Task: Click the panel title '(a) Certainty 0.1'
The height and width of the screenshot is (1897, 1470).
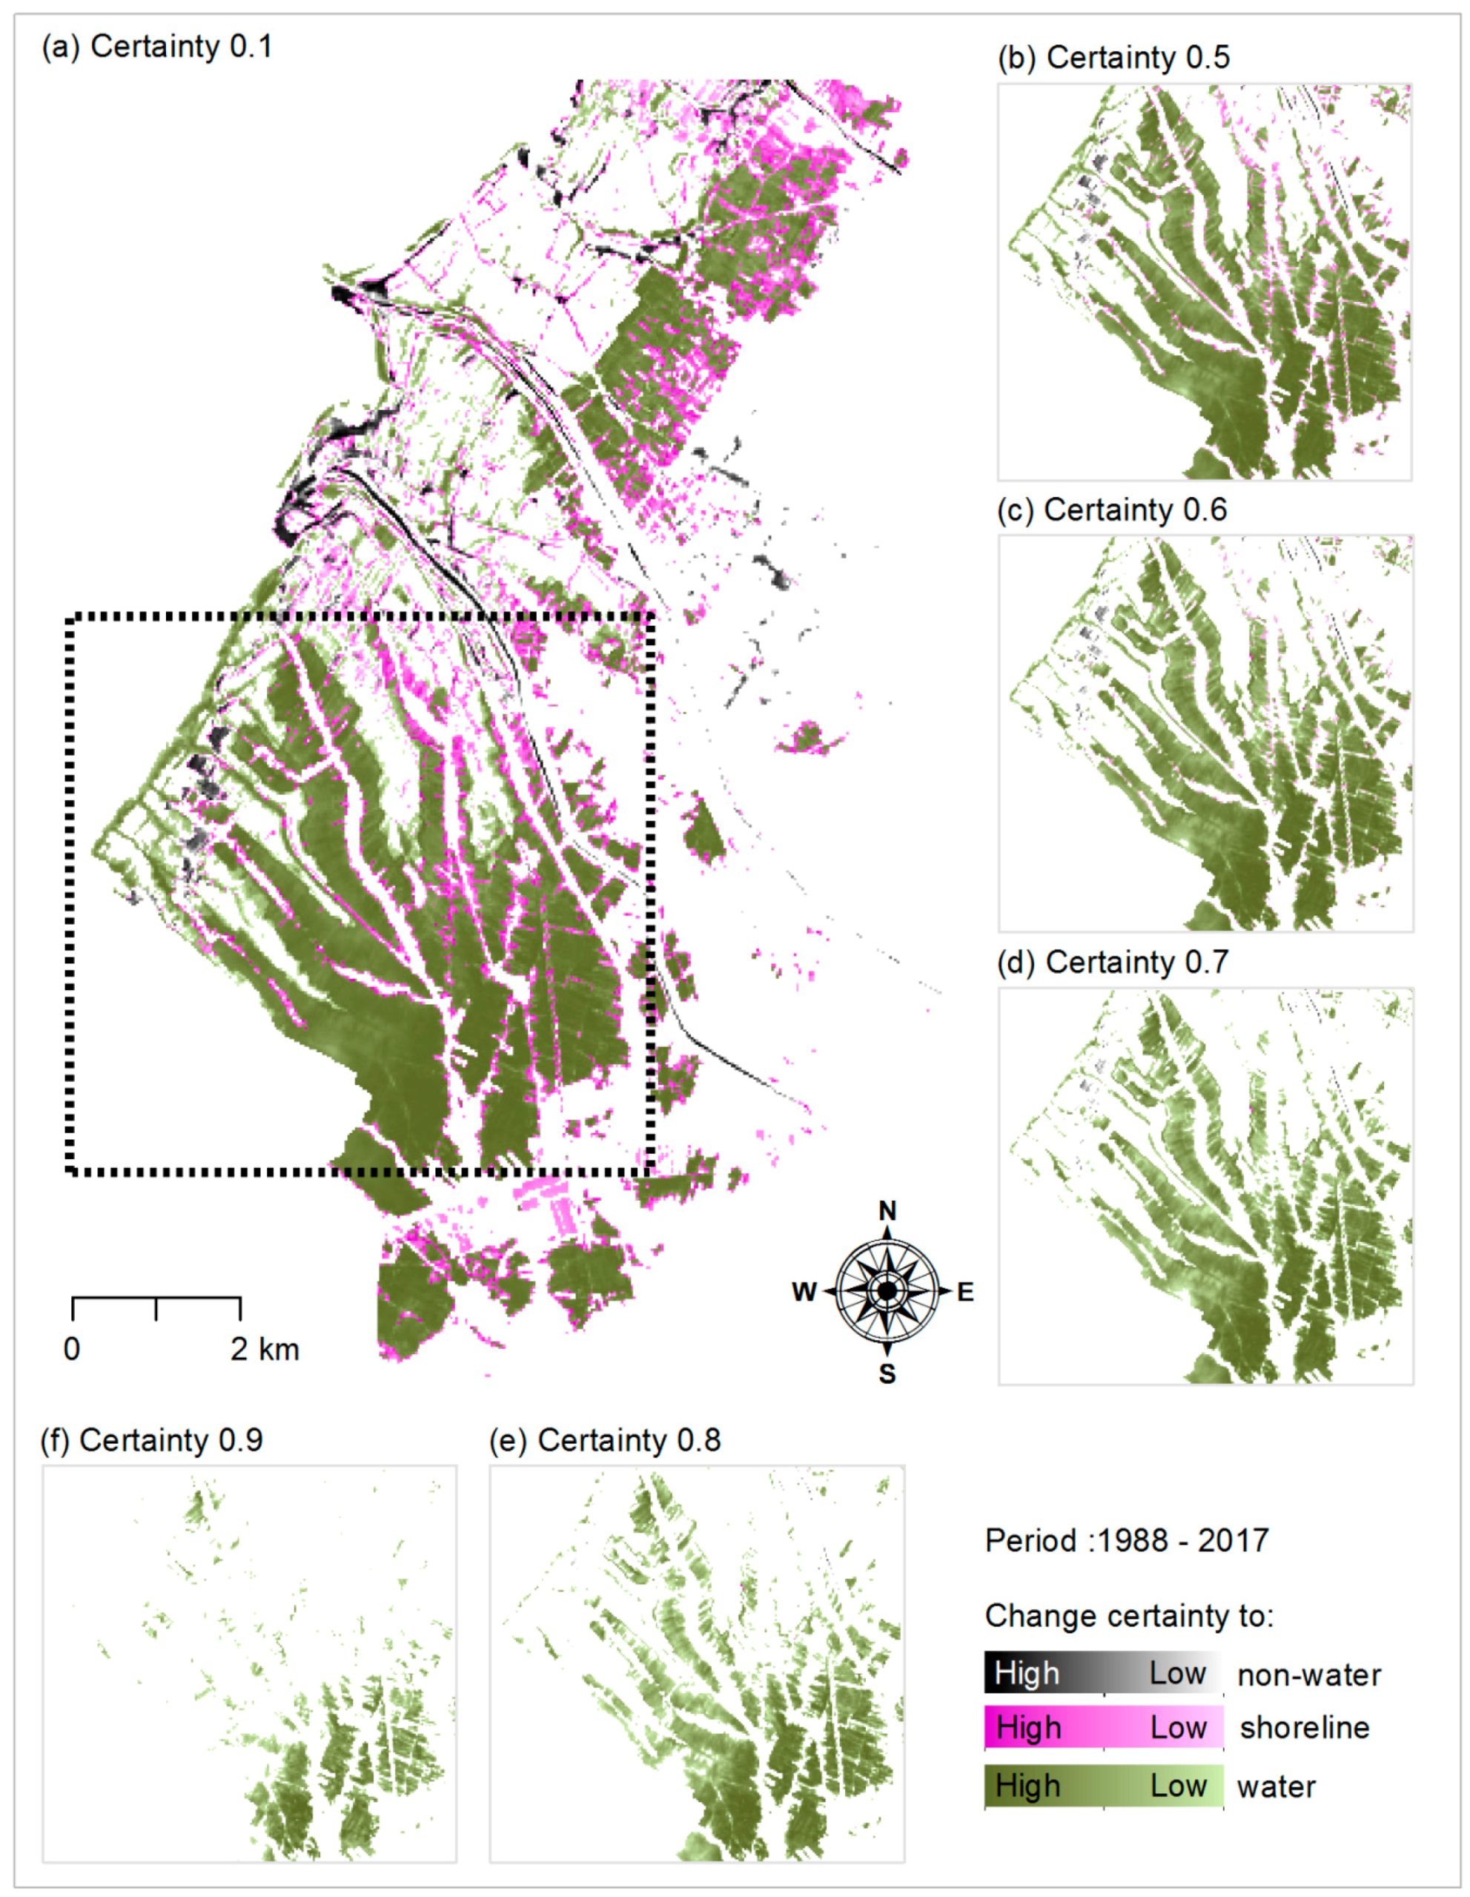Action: pyautogui.click(x=157, y=46)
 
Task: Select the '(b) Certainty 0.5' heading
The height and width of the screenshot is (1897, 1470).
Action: pyautogui.click(x=1114, y=57)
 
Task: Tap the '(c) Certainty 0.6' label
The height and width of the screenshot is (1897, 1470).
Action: pyautogui.click(x=1112, y=510)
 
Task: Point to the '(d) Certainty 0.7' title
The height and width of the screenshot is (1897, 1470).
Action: pyautogui.click(x=1113, y=963)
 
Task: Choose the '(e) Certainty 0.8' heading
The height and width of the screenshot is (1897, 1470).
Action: pyautogui.click(x=604, y=1440)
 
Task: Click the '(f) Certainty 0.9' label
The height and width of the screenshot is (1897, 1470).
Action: pyautogui.click(x=152, y=1440)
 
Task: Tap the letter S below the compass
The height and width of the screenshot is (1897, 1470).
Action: pyautogui.click(x=887, y=1374)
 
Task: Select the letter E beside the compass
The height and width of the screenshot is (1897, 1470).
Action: pyautogui.click(x=964, y=1293)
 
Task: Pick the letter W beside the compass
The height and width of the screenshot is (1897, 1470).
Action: pyautogui.click(x=804, y=1293)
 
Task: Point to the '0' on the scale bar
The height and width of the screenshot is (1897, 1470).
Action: pyautogui.click(x=72, y=1349)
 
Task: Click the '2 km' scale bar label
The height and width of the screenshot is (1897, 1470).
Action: pyautogui.click(x=265, y=1349)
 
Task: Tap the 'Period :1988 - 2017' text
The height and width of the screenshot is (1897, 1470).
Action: pyautogui.click(x=1126, y=1541)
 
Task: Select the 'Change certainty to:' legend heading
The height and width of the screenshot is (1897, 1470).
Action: pyautogui.click(x=1129, y=1616)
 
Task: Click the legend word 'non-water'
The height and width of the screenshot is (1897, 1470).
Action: pyautogui.click(x=1308, y=1675)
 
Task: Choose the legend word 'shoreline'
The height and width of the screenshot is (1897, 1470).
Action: pyautogui.click(x=1304, y=1728)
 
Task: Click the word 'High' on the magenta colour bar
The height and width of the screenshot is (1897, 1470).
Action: pyautogui.click(x=1029, y=1728)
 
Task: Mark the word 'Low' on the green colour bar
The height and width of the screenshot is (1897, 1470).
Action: pyautogui.click(x=1178, y=1786)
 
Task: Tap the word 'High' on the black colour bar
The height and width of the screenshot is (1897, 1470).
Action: pyautogui.click(x=1027, y=1673)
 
